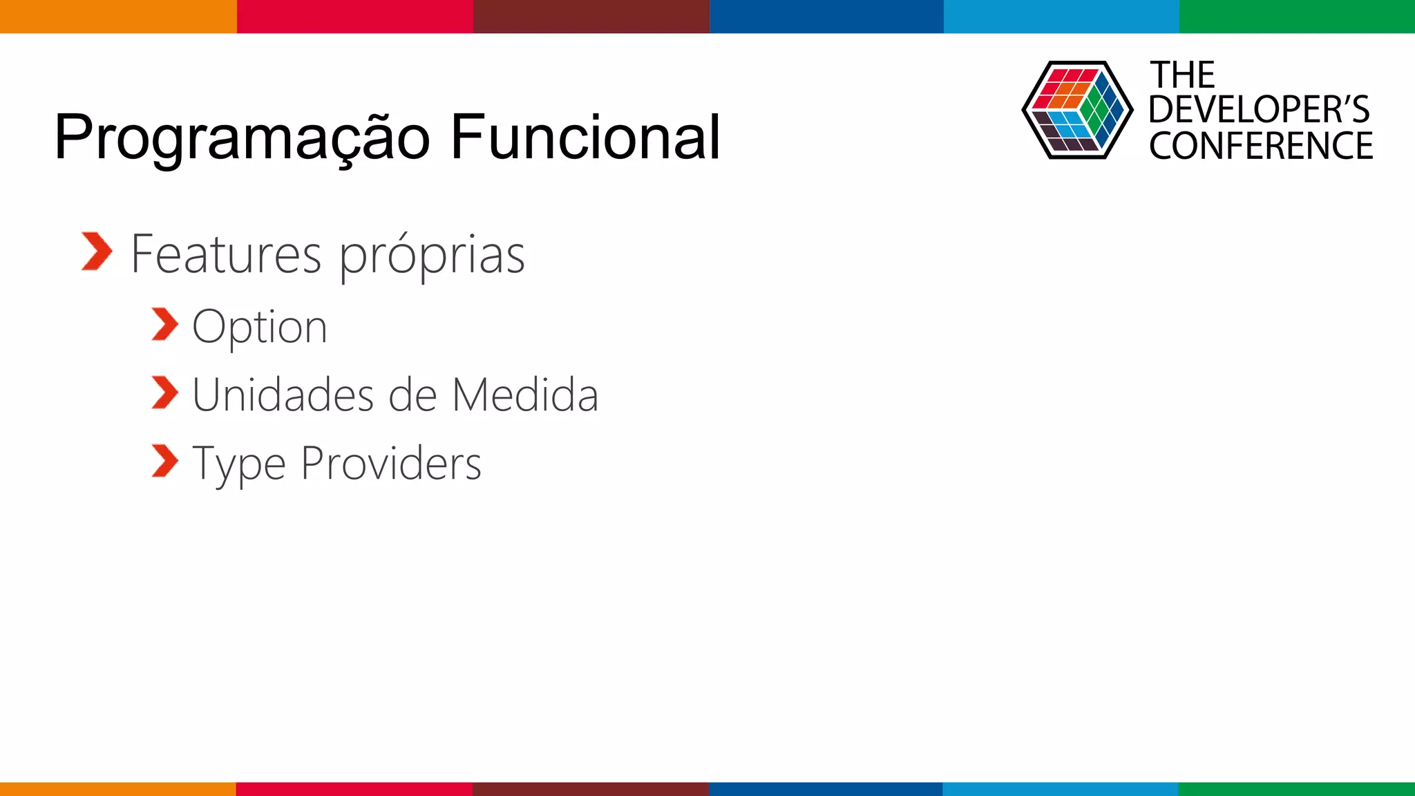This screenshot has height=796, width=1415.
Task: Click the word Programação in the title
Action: (x=242, y=138)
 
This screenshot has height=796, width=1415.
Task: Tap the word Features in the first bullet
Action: (x=226, y=254)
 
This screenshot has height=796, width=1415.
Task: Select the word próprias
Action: (x=432, y=256)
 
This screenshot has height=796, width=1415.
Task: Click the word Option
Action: (x=259, y=328)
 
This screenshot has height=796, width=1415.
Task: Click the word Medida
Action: (x=524, y=395)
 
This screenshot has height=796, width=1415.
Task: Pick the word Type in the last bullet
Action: (x=238, y=464)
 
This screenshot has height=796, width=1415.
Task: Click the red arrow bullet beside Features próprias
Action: (x=96, y=252)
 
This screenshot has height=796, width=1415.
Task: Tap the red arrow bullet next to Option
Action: (x=164, y=325)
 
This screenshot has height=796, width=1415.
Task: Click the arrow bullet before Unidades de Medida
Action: (x=164, y=392)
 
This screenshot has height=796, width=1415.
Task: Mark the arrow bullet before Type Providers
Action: (x=164, y=461)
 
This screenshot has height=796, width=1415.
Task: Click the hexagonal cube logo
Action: (x=1077, y=110)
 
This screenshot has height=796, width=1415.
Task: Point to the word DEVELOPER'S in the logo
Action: (x=1259, y=110)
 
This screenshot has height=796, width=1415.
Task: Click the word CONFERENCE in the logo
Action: (x=1261, y=146)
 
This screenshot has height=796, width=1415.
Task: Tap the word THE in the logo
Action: (x=1182, y=75)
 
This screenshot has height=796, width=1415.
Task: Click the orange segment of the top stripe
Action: (x=118, y=16)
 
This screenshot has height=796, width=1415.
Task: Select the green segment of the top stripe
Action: (x=1297, y=16)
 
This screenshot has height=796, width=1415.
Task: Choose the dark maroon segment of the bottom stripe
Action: (x=591, y=788)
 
